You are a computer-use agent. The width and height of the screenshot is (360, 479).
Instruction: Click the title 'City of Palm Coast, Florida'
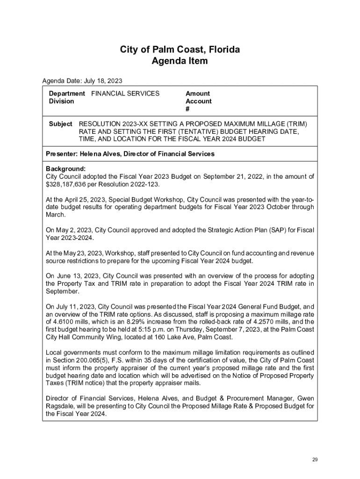tap(180, 50)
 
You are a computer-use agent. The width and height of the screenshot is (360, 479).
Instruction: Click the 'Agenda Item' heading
tap(180, 61)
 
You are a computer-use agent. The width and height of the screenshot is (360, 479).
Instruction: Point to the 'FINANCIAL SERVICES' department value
tap(125, 94)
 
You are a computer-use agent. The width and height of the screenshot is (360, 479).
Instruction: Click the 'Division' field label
tap(61, 101)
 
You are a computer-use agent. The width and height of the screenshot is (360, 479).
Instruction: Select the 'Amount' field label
tap(198, 94)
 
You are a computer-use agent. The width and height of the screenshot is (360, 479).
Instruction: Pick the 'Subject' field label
tap(61, 124)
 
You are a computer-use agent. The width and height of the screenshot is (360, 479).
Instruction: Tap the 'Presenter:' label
tap(62, 154)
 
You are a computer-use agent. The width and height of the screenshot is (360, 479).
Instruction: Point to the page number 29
tap(315, 460)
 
